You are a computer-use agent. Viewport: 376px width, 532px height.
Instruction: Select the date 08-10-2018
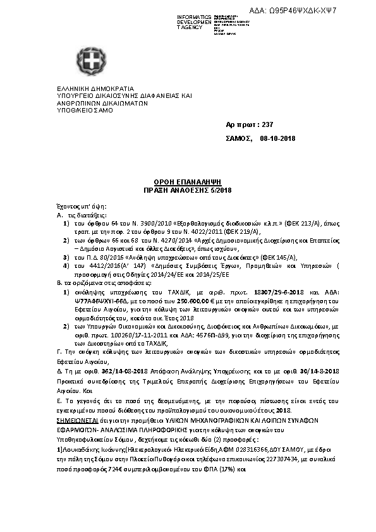click(x=277, y=138)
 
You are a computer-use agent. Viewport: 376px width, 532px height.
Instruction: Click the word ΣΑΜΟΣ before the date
click(x=239, y=138)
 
